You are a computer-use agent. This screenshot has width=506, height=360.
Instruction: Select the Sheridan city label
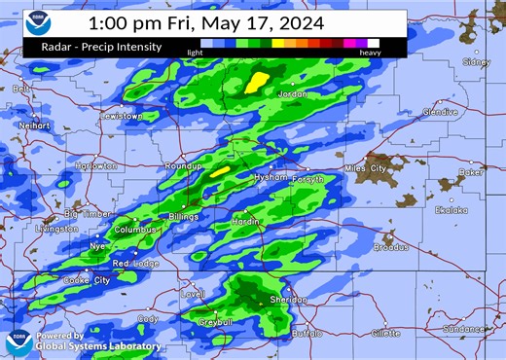click(x=288, y=300)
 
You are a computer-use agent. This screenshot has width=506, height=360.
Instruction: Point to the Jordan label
click(x=293, y=94)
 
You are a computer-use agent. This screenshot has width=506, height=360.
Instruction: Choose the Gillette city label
click(x=385, y=333)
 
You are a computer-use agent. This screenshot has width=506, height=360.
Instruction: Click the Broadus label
click(x=391, y=247)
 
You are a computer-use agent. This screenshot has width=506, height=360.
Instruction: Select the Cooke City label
click(x=88, y=280)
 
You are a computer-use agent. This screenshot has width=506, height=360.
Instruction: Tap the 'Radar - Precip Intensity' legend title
click(x=97, y=46)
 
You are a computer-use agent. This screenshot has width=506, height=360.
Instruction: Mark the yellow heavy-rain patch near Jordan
click(x=257, y=82)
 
